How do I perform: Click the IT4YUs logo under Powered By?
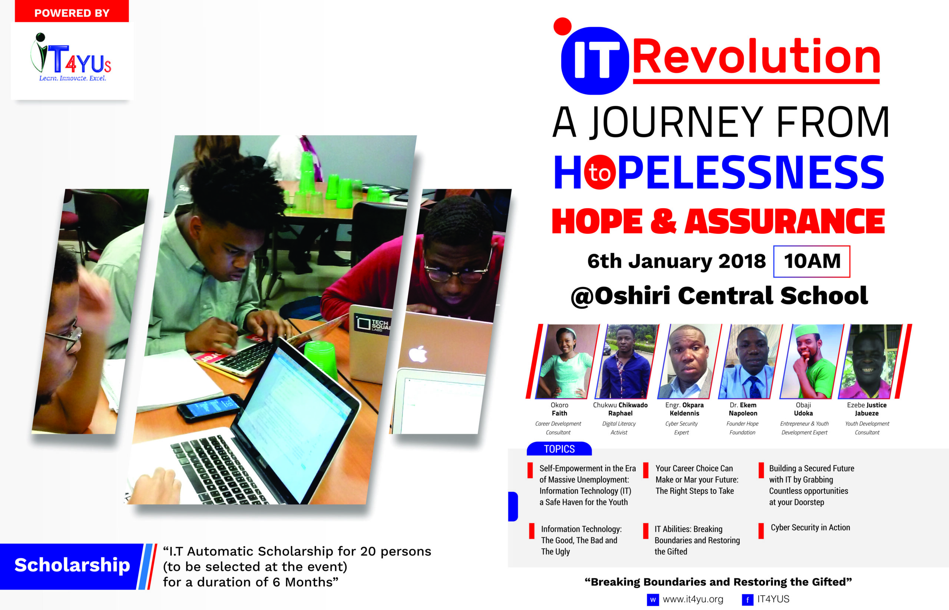(71, 58)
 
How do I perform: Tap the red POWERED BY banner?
(72, 11)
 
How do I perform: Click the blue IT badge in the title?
(595, 60)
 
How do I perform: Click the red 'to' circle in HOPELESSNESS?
(599, 172)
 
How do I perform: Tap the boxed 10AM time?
(812, 261)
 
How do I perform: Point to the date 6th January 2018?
(677, 261)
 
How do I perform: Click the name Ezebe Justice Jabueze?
(867, 409)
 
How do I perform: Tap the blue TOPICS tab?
(559, 449)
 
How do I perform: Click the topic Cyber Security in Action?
(810, 528)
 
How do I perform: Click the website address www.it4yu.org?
(693, 599)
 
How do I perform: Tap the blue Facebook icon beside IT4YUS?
(747, 600)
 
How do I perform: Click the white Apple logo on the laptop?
(418, 354)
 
